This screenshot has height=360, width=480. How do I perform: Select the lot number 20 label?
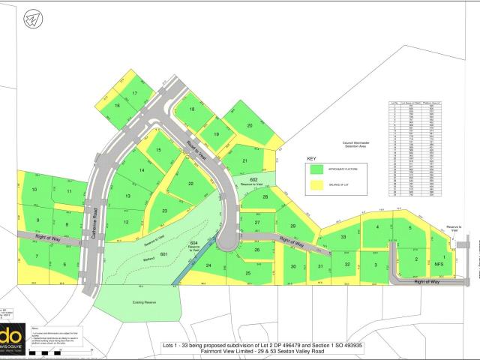pyautogui.click(x=250, y=125)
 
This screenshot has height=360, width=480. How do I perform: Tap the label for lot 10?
pyautogui.click(x=34, y=190)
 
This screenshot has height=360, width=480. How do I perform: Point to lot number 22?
pyautogui.click(x=191, y=184)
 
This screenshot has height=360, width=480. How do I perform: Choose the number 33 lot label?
pyautogui.click(x=343, y=237)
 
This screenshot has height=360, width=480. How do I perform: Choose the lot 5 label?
pyautogui.click(x=410, y=227)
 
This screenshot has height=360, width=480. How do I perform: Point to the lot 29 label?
pyautogui.click(x=292, y=226)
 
